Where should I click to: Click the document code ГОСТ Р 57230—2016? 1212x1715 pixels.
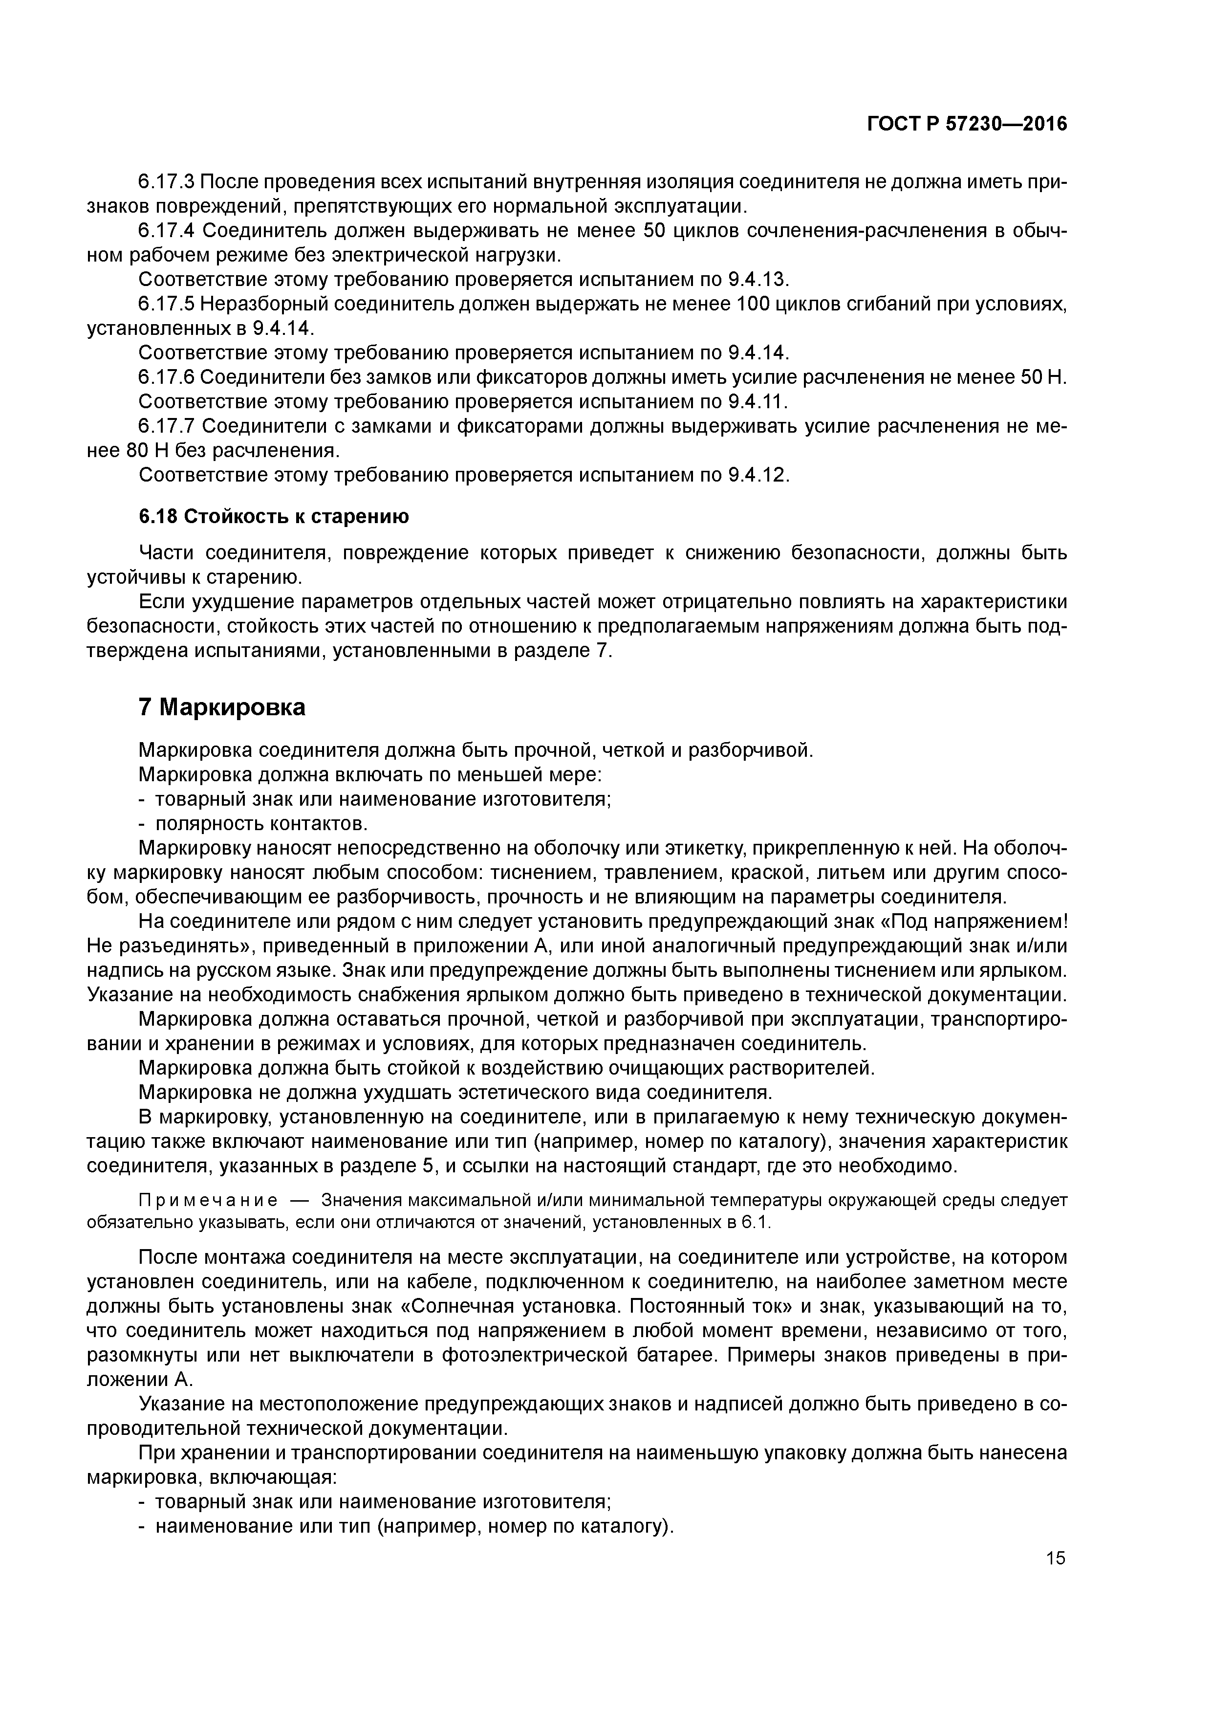click(967, 124)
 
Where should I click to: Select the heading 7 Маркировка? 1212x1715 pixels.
click(222, 706)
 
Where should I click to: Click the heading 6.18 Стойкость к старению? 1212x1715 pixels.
click(274, 516)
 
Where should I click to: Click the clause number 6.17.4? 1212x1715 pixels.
click(167, 231)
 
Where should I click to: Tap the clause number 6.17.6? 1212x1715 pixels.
click(167, 377)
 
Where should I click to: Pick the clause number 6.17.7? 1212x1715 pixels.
click(167, 426)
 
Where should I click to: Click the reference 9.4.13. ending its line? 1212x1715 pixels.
click(757, 279)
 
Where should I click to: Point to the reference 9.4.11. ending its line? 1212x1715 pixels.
click(757, 402)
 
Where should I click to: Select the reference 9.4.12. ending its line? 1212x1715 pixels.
click(757, 475)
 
